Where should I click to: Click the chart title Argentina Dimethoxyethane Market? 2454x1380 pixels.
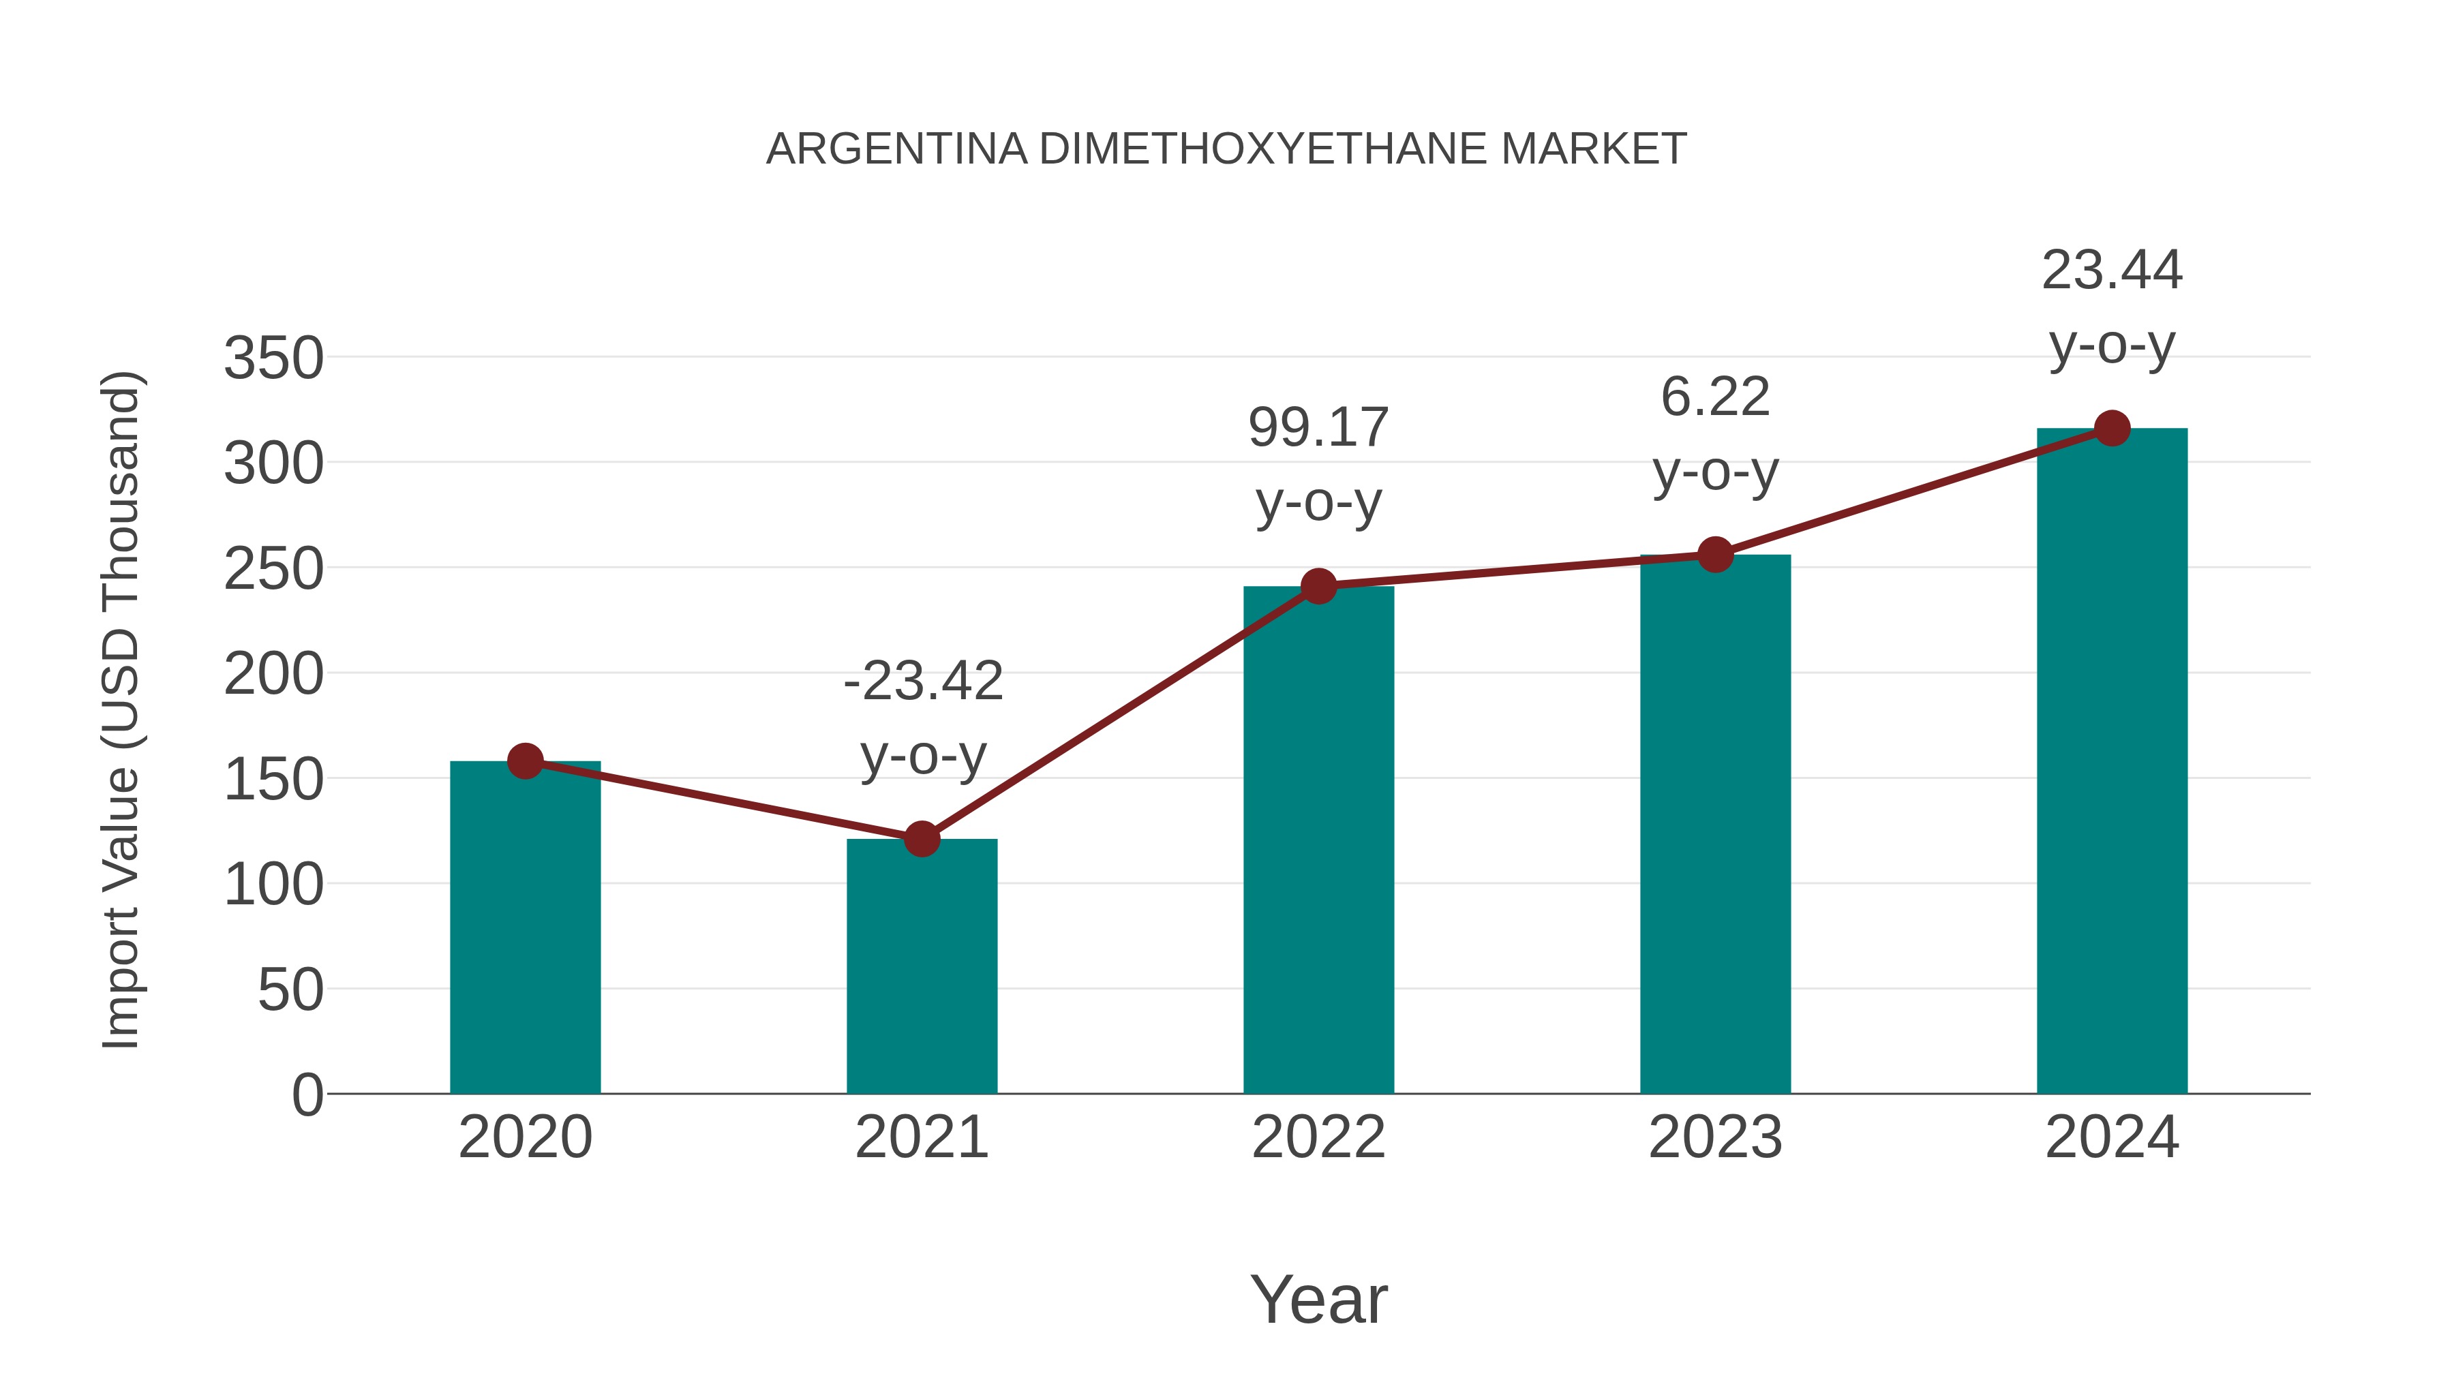tap(1226, 149)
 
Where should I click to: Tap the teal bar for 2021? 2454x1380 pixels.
tap(921, 966)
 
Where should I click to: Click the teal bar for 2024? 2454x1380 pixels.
tap(2112, 762)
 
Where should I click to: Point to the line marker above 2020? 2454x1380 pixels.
tap(525, 761)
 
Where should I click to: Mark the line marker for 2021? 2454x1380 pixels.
tap(921, 839)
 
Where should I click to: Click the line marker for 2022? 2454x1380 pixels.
tap(1318, 585)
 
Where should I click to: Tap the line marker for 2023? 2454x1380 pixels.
tap(1715, 554)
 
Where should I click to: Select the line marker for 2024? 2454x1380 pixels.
tap(2112, 429)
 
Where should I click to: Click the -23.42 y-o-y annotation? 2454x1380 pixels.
tap(923, 718)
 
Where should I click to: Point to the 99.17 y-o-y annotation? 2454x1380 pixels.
tap(1318, 465)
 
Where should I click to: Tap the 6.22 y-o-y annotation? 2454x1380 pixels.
tap(1715, 433)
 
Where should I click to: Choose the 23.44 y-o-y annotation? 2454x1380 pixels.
tap(2112, 307)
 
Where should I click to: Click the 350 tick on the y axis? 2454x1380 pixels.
tap(273, 359)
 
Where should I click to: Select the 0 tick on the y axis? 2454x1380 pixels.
tap(307, 1094)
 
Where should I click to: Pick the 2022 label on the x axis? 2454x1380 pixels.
tap(1318, 1137)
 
